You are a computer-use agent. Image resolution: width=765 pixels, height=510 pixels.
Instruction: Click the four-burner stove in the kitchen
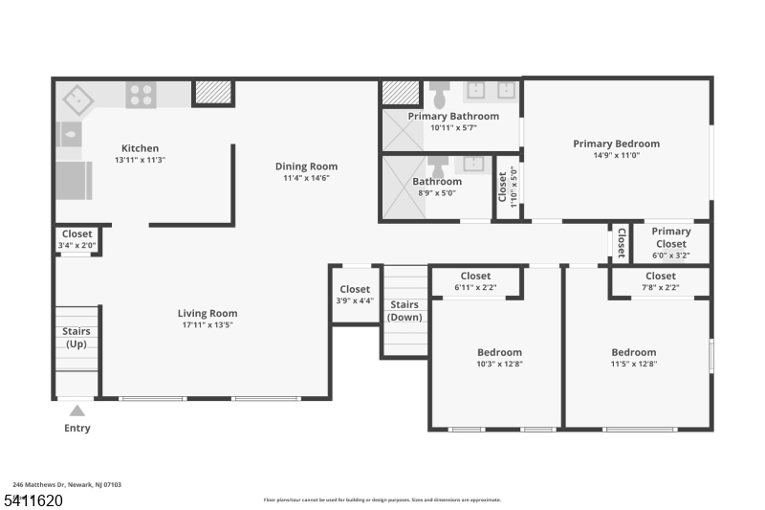(142, 95)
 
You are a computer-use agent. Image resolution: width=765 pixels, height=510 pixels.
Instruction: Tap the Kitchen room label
(140, 148)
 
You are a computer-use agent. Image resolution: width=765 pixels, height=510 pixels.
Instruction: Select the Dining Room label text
(306, 166)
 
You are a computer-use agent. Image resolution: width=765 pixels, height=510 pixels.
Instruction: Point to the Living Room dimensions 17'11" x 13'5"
(207, 325)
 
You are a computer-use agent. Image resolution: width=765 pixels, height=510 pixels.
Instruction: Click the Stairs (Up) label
(76, 337)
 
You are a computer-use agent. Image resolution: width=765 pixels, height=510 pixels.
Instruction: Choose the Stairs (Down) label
(404, 311)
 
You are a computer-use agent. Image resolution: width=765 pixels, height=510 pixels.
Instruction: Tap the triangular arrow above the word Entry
(77, 411)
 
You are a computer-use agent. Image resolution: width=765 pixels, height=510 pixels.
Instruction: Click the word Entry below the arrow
(77, 428)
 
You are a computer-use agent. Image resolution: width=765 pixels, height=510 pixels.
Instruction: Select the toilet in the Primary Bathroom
(440, 95)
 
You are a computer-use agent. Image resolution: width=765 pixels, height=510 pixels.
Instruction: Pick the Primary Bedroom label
(616, 144)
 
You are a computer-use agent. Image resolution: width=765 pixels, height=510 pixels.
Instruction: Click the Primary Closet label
(671, 237)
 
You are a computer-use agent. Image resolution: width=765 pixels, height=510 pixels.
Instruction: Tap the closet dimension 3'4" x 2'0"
(76, 246)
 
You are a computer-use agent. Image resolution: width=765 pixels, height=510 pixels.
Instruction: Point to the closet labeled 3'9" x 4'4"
(355, 295)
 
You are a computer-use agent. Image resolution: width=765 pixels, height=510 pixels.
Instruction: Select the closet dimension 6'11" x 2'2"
(475, 287)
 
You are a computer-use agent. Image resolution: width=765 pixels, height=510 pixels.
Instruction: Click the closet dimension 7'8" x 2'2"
(660, 287)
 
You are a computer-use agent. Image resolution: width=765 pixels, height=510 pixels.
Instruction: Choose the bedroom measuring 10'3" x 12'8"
(499, 357)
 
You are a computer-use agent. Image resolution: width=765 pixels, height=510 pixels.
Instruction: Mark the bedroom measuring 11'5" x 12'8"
(634, 357)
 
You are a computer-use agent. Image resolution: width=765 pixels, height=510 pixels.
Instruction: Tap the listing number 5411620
(33, 499)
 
